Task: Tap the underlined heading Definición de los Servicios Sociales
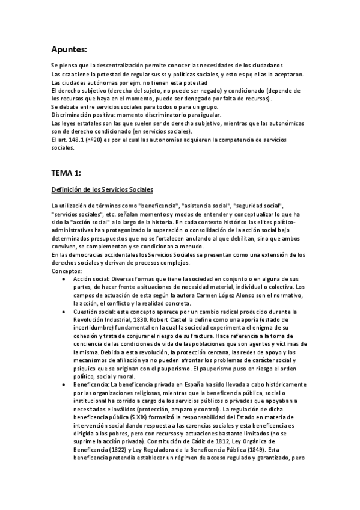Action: click(x=102, y=190)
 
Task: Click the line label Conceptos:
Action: click(x=67, y=272)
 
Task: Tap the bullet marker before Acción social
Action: click(x=64, y=280)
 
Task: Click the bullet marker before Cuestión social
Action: click(x=64, y=314)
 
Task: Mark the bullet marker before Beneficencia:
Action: click(x=64, y=384)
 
